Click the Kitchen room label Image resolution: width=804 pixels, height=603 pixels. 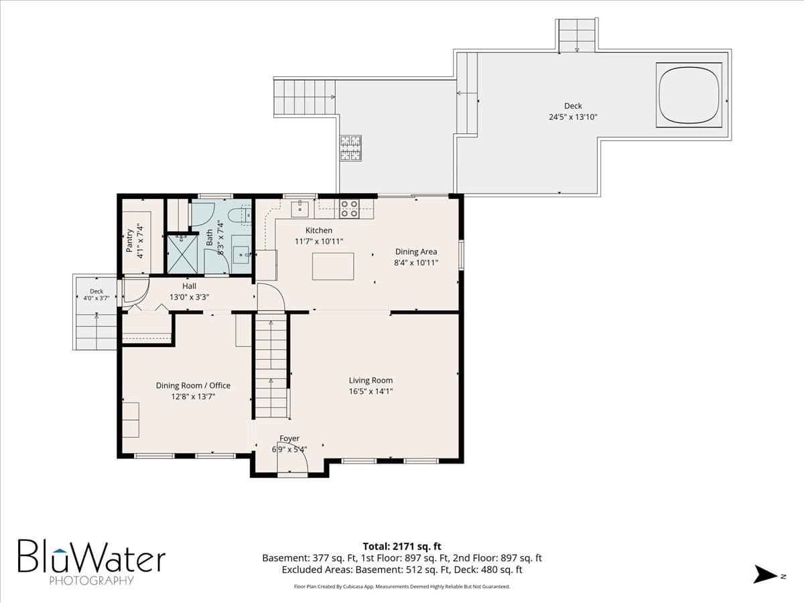(319, 230)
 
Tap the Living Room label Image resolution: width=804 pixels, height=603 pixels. (371, 381)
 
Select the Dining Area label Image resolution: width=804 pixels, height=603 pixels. (416, 251)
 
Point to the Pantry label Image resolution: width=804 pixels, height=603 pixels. (129, 241)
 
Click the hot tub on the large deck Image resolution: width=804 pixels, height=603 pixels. (689, 95)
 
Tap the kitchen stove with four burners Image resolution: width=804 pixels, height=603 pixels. (348, 208)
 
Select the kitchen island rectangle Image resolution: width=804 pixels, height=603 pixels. (333, 267)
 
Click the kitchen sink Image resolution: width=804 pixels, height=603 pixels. (299, 208)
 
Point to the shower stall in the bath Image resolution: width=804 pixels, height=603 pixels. (182, 254)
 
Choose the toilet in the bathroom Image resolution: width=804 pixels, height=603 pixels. (240, 214)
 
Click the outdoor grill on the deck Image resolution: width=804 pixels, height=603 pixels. (351, 148)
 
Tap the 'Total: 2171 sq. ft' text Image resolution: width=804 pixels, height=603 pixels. (402, 547)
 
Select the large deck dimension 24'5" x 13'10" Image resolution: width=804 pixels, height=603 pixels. (573, 117)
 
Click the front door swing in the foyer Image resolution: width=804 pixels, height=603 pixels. (292, 458)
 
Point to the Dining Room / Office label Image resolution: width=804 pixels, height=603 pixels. (193, 385)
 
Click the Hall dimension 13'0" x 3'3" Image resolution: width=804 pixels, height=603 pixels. (189, 297)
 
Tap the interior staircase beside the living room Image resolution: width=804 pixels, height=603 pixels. (271, 365)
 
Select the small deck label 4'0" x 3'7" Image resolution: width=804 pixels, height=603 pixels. (96, 298)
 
